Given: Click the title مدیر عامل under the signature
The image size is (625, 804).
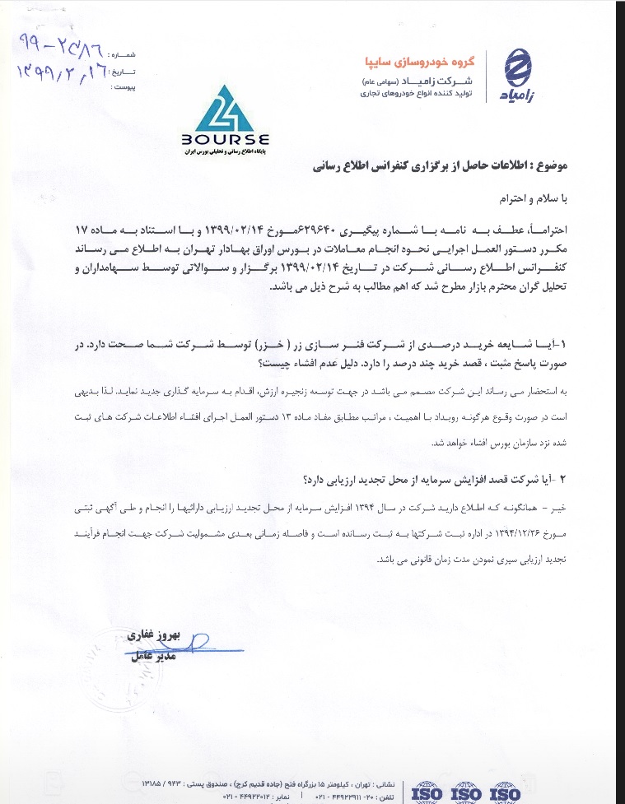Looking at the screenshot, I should click(154, 658).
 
